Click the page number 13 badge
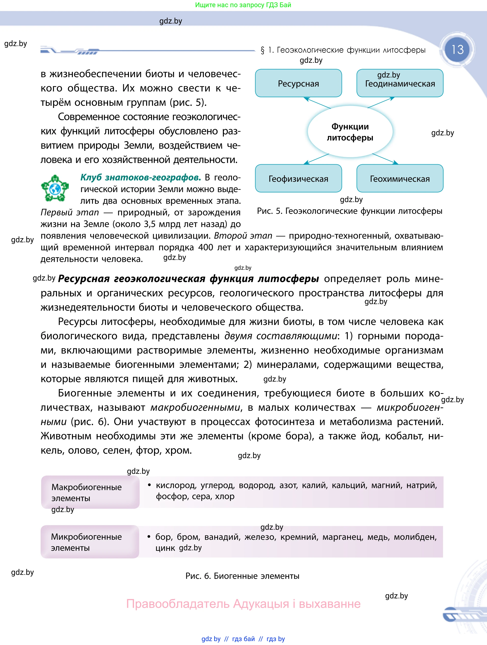click(x=457, y=50)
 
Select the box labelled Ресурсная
click(x=298, y=83)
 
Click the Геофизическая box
click(x=298, y=179)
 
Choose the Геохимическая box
click(x=400, y=179)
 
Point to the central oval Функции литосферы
click(x=350, y=132)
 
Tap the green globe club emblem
click(x=55, y=188)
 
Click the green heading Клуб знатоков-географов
click(x=141, y=177)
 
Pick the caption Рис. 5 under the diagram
click(x=350, y=211)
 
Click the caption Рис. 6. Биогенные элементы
click(x=242, y=576)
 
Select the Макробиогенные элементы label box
click(x=90, y=492)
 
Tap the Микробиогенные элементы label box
click(x=90, y=542)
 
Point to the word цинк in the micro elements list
click(x=165, y=548)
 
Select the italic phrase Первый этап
click(x=70, y=212)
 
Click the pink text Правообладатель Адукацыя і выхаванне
click(x=243, y=604)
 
